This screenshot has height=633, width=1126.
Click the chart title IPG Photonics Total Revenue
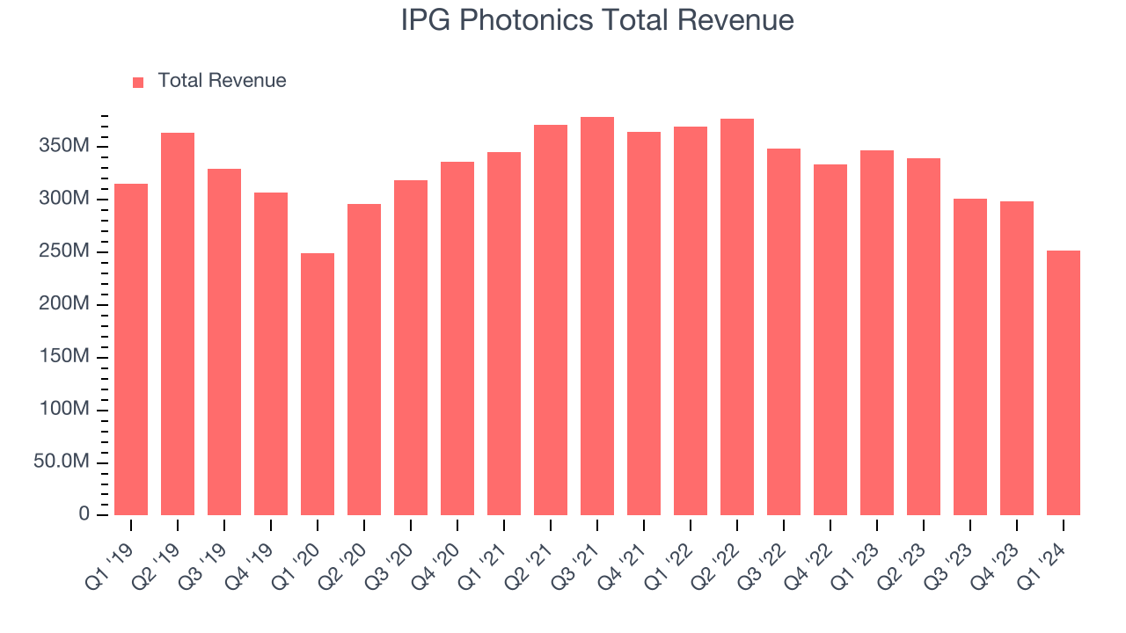[x=597, y=20]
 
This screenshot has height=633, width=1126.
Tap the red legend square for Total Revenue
[x=138, y=82]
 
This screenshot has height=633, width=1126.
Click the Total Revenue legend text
[x=222, y=81]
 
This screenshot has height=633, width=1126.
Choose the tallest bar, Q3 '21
[x=597, y=316]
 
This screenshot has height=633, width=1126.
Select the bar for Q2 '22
[x=737, y=316]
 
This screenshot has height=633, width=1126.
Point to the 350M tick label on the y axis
[x=64, y=146]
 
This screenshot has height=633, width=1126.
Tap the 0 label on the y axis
[x=84, y=513]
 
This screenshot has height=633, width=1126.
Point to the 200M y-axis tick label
[x=64, y=304]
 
